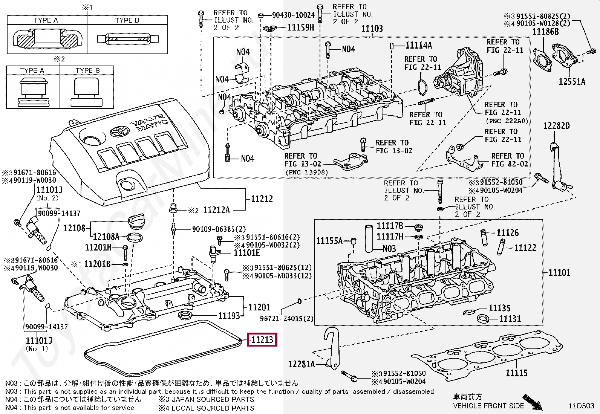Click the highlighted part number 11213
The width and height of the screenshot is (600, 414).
[x=262, y=339]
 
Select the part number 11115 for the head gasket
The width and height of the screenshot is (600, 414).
[x=516, y=373]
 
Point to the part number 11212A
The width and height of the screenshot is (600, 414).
[x=216, y=210]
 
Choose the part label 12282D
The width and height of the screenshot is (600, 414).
[x=556, y=125]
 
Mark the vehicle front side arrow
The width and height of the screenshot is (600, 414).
[x=533, y=402]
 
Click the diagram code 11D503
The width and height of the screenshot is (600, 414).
[x=581, y=406]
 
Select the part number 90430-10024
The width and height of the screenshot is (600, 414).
[x=293, y=15]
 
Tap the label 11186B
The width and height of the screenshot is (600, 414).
[x=545, y=32]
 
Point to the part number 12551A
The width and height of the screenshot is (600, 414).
[x=572, y=81]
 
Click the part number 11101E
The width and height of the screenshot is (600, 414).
[x=247, y=252]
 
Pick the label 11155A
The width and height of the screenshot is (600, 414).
[x=329, y=240]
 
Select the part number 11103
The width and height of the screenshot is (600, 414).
[x=372, y=28]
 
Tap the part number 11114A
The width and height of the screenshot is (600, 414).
[x=419, y=46]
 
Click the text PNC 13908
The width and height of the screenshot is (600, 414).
[x=307, y=173]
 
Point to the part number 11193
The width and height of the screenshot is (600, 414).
[x=229, y=316]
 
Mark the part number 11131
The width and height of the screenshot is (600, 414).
[x=510, y=319]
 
